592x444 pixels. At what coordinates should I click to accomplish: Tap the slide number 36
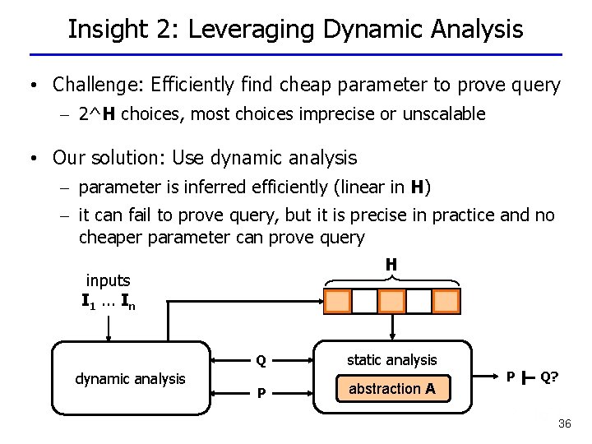pyautogui.click(x=564, y=423)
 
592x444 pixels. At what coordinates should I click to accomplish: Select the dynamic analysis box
pyautogui.click(x=130, y=379)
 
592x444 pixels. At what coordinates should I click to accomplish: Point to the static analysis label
pyautogui.click(x=391, y=359)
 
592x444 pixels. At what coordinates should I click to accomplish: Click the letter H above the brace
pyautogui.click(x=391, y=264)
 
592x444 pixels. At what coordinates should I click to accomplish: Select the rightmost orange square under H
pyautogui.click(x=446, y=301)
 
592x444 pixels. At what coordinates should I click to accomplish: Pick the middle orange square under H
pyautogui.click(x=391, y=301)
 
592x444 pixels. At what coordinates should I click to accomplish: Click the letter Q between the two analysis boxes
pyautogui.click(x=261, y=360)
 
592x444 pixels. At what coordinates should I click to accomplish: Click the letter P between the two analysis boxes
pyautogui.click(x=261, y=393)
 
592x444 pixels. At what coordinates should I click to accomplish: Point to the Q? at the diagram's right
pyautogui.click(x=550, y=377)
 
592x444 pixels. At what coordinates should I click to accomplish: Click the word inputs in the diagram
pyautogui.click(x=109, y=280)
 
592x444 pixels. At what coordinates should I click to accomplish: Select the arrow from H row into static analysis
pyautogui.click(x=393, y=326)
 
